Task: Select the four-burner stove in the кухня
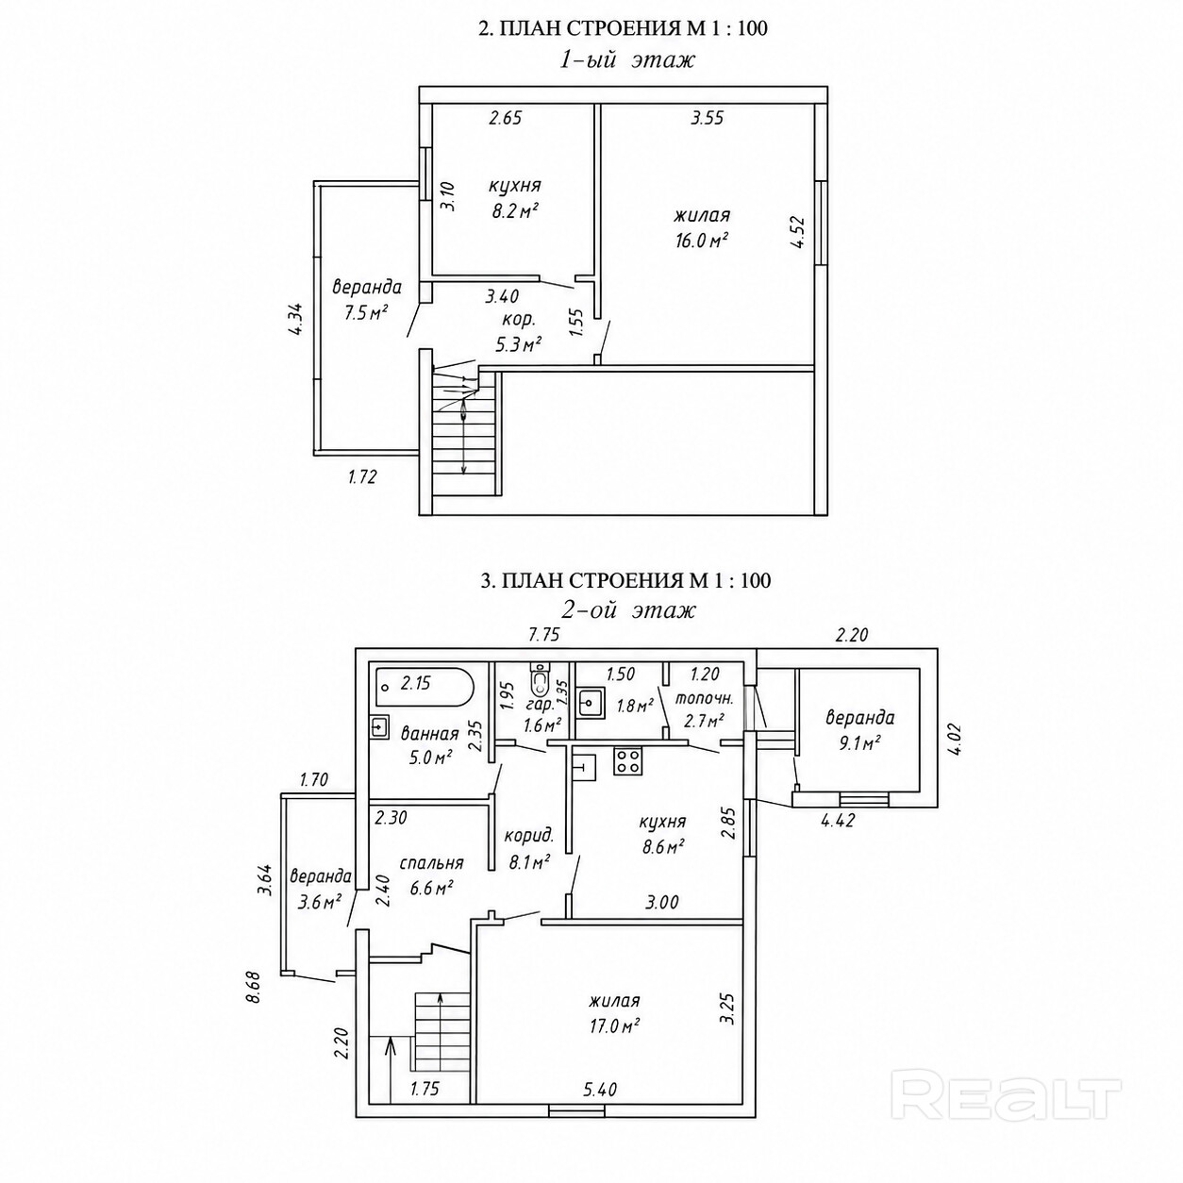[x=627, y=760]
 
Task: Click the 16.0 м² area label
[x=701, y=240]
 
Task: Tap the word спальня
[x=431, y=863]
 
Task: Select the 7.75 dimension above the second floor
[x=544, y=634]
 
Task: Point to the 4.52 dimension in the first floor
[x=797, y=231]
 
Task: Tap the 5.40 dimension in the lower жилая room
[x=600, y=1107]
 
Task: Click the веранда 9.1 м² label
[x=860, y=730]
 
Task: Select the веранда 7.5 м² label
[x=367, y=300]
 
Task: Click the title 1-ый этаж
[x=626, y=60]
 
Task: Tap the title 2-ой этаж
[x=628, y=610]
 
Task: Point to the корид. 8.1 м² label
[x=529, y=849]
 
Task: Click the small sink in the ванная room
[x=380, y=726]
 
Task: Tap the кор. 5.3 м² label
[x=519, y=333]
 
